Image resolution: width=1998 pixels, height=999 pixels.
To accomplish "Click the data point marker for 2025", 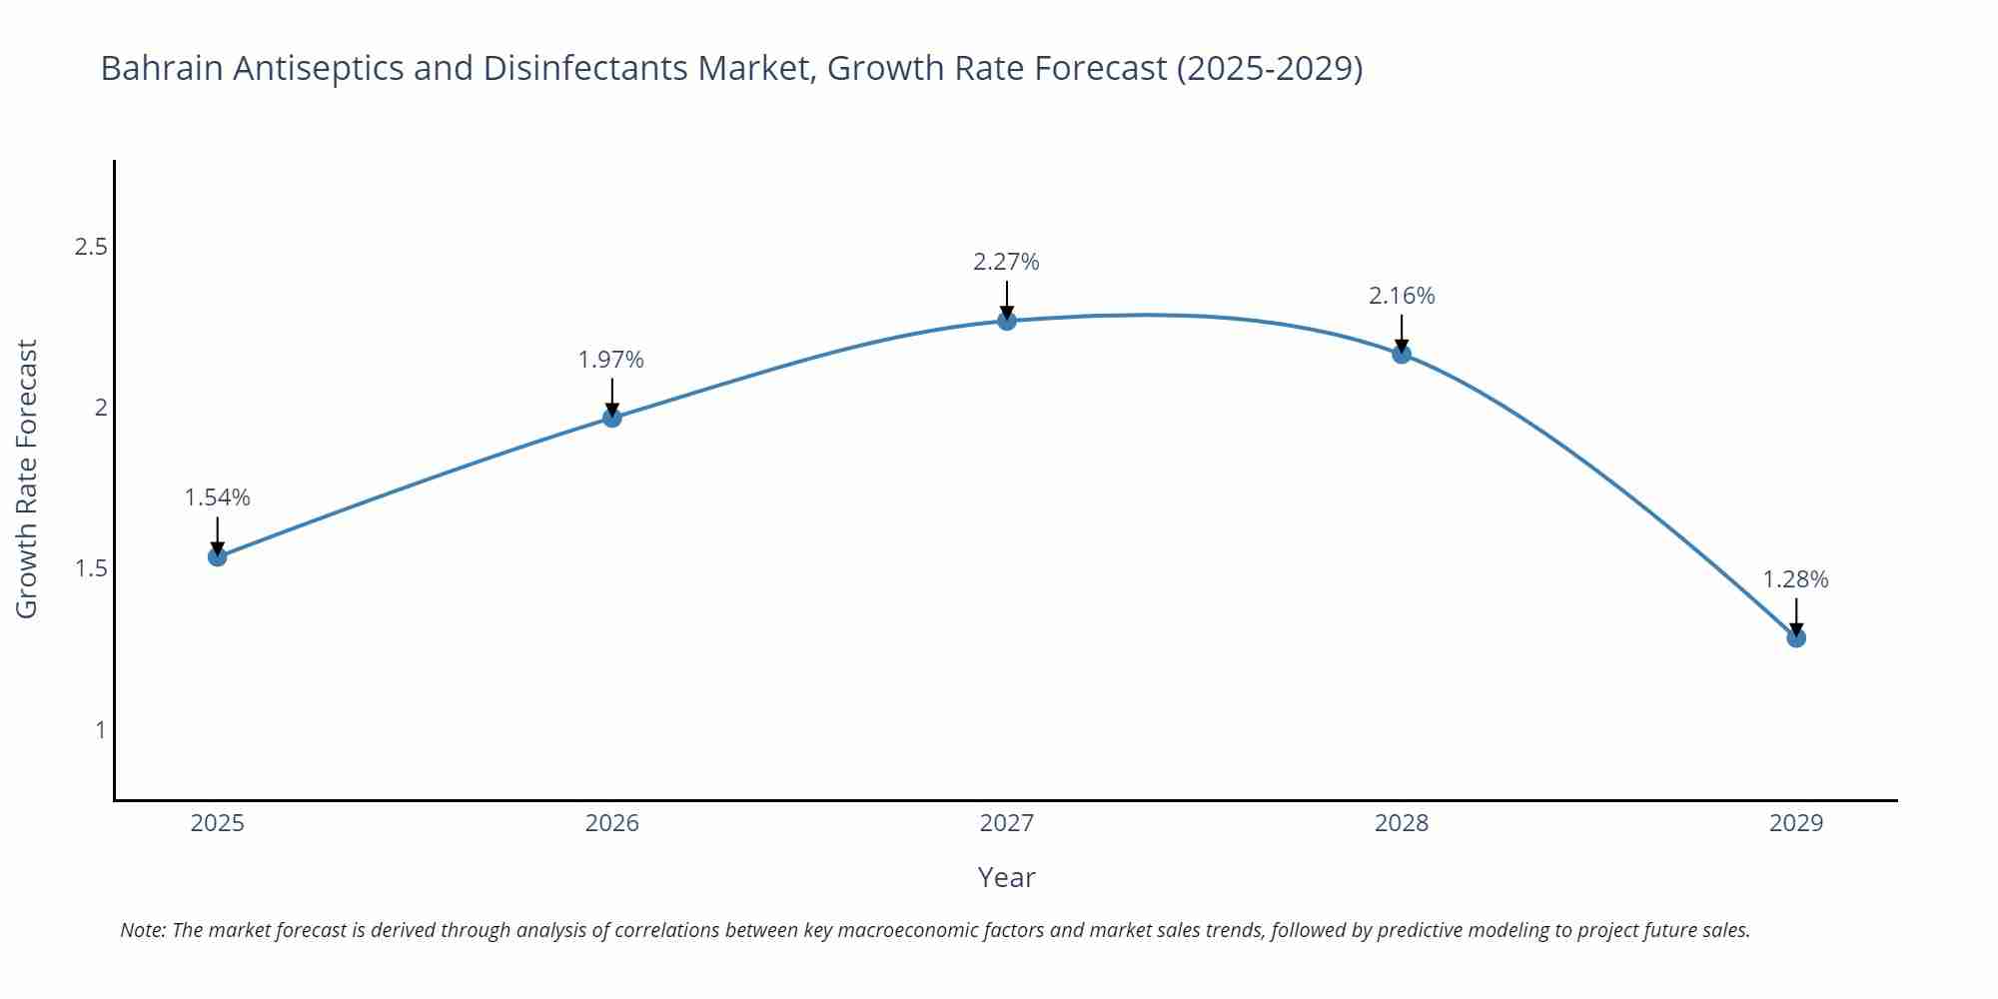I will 218,556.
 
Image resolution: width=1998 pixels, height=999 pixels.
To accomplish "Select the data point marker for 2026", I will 612,418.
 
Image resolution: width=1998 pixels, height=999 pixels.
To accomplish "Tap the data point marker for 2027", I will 1007,321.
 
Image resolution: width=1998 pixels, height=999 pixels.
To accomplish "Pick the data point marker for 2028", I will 1402,354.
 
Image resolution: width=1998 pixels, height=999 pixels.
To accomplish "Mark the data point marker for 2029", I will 1796,637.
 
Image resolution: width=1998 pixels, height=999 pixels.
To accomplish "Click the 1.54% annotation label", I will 218,498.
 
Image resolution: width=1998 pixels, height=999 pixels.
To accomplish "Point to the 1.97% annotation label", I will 611,360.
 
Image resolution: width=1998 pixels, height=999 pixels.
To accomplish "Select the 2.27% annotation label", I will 1006,262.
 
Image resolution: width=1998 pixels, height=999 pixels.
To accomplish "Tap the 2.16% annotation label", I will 1402,296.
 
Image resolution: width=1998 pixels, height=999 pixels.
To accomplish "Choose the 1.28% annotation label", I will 1795,579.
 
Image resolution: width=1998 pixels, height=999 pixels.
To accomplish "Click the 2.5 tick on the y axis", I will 91,247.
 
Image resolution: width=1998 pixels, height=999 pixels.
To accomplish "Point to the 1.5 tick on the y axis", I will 91,568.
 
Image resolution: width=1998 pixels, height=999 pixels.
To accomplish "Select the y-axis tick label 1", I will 100,730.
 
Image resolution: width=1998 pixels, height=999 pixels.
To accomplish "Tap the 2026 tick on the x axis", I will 612,823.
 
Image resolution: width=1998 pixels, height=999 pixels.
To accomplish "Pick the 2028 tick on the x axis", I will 1402,823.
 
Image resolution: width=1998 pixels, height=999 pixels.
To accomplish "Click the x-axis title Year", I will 1006,877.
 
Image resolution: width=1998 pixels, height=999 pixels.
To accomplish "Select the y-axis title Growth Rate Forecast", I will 27,479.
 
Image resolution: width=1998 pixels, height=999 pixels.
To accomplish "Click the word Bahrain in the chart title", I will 162,68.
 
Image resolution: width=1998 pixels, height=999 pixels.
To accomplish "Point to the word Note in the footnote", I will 142,930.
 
